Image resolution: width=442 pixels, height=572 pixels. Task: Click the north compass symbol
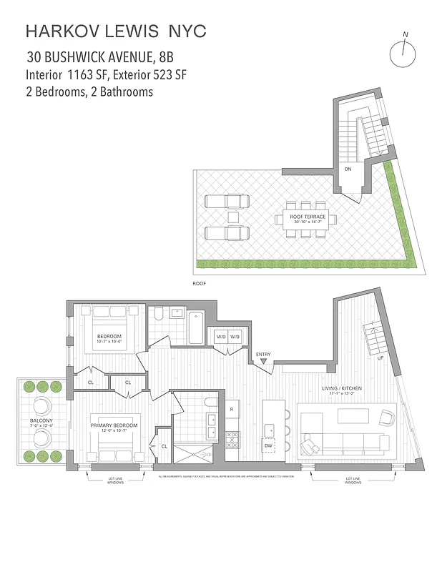click(403, 51)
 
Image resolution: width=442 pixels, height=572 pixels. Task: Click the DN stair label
click(348, 170)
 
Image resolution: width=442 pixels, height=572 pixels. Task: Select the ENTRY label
click(263, 354)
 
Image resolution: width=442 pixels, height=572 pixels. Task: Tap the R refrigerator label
click(232, 409)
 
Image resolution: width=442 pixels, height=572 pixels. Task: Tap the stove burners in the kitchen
click(232, 439)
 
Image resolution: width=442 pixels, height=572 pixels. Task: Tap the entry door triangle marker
click(264, 363)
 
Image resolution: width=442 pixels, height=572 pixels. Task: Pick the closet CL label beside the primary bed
click(164, 445)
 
